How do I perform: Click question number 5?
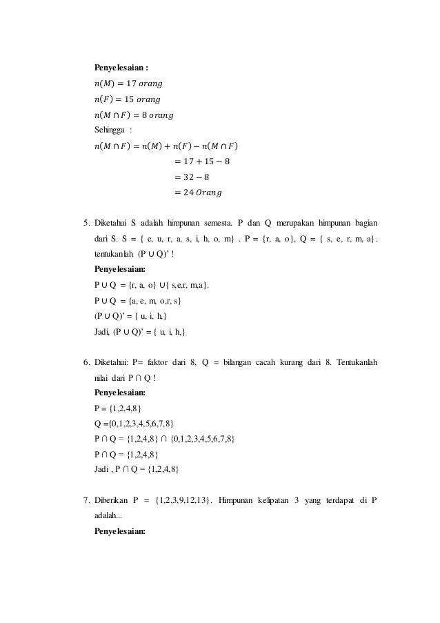(x=86, y=224)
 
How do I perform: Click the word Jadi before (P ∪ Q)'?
(x=102, y=332)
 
